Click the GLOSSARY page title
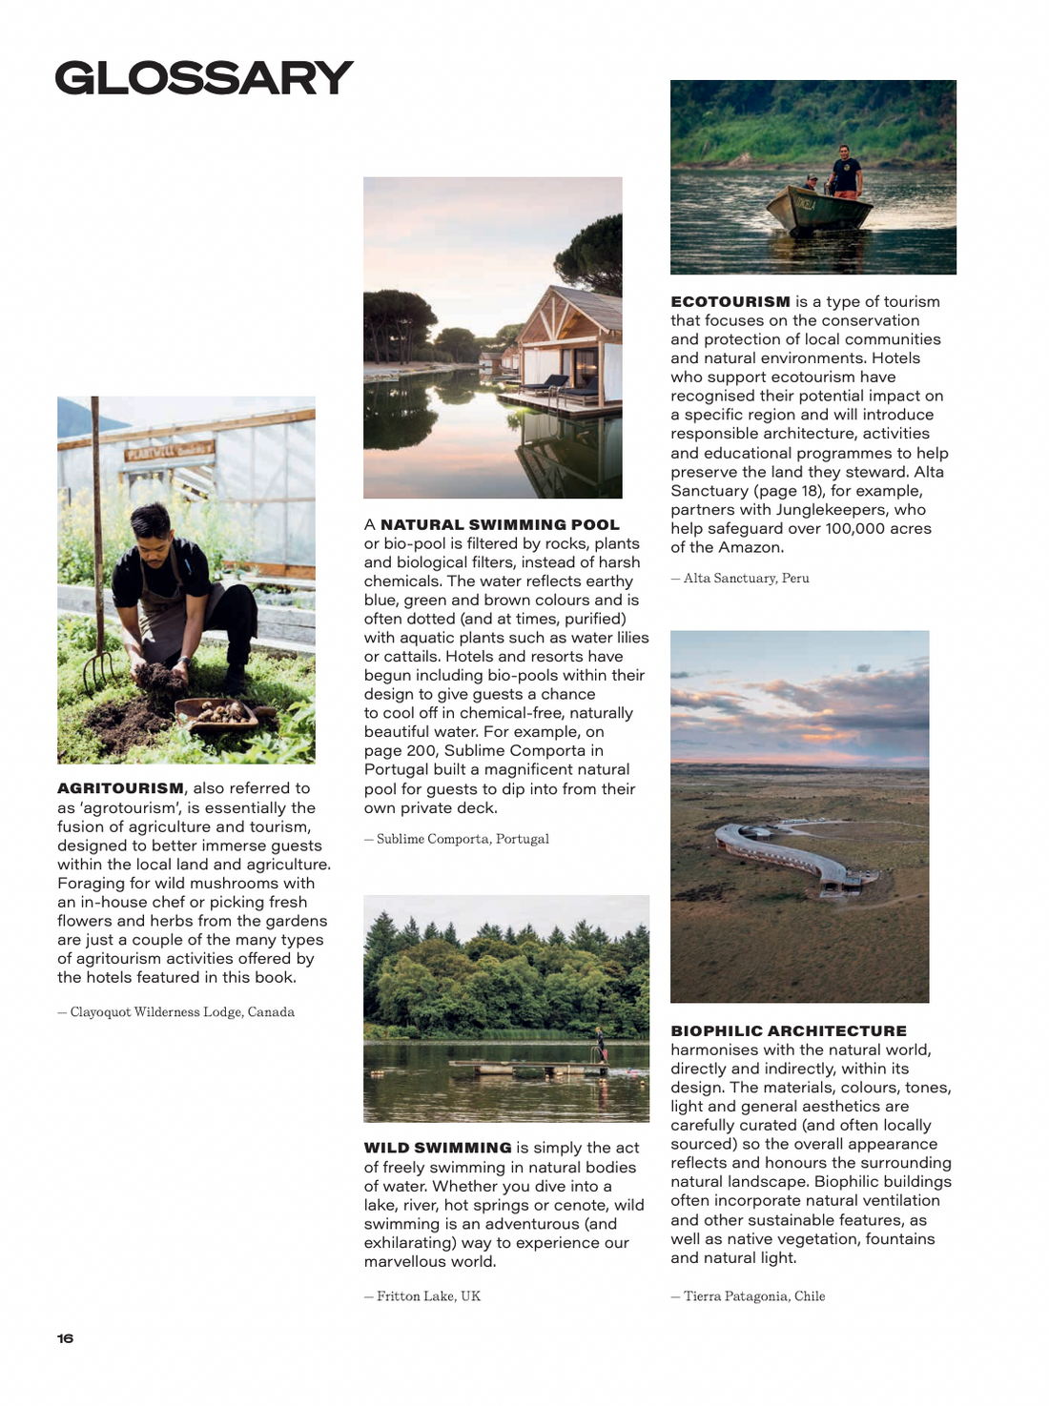tap(203, 78)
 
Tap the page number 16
tap(65, 1338)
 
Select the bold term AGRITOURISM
tap(120, 788)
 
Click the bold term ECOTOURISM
tap(730, 302)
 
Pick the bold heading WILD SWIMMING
tap(438, 1149)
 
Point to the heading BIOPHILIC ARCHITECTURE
tap(789, 1031)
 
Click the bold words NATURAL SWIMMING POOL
tap(500, 525)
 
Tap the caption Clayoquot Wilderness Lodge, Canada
tap(181, 1012)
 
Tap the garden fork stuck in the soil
tap(95, 572)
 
